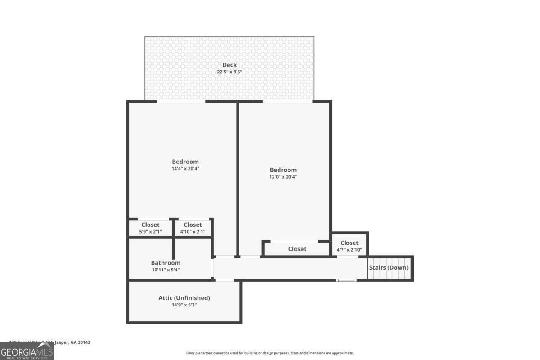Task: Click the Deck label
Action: (229, 65)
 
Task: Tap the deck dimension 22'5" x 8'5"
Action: (229, 72)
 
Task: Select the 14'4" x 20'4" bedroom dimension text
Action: (185, 169)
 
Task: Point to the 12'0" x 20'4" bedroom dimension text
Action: (283, 177)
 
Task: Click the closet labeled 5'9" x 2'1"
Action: (150, 228)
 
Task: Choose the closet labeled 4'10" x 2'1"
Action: (193, 228)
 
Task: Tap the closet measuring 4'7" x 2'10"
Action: (349, 246)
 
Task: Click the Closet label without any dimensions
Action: (297, 249)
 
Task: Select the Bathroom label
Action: (166, 263)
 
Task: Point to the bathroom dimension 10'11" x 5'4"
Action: (166, 270)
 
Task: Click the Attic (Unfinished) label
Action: (184, 298)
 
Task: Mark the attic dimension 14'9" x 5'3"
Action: (184, 305)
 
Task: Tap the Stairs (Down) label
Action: (389, 267)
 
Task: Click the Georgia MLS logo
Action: (27, 351)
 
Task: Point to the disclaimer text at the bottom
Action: (270, 353)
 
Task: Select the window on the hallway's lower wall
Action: (346, 280)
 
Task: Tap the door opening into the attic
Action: (224, 280)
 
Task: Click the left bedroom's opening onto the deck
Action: (181, 101)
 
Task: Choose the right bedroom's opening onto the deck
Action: (288, 101)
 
